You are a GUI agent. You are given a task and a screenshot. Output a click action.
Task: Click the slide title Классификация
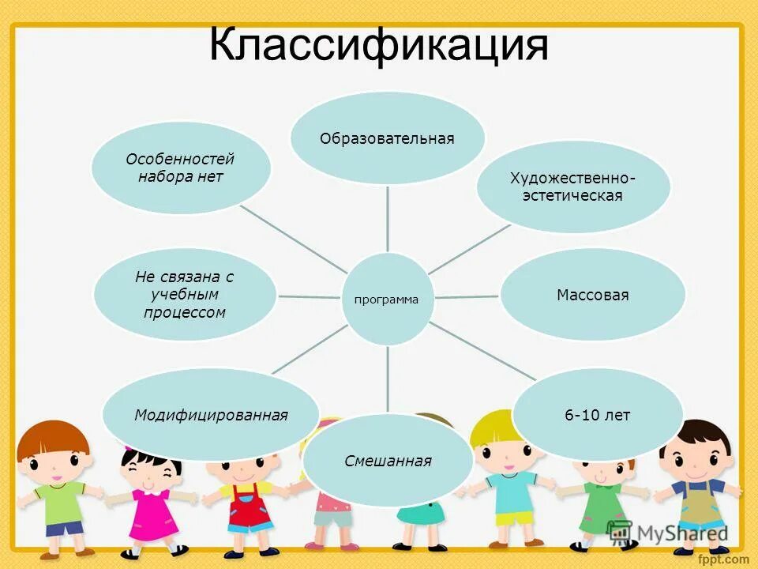tap(379, 46)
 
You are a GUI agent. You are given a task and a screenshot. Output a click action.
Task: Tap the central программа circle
tap(387, 299)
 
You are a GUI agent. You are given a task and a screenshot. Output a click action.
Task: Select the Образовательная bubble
tap(387, 138)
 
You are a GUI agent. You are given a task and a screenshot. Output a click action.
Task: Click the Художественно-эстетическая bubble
tap(572, 187)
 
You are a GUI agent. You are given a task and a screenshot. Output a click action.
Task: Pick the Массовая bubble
tap(592, 295)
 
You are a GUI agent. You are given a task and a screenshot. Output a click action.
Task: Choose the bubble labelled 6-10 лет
tap(597, 415)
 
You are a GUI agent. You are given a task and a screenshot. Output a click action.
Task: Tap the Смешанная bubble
tap(388, 461)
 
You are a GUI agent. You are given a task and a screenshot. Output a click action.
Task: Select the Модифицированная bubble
tap(211, 415)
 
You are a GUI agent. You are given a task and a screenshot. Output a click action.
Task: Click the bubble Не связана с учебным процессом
tap(185, 295)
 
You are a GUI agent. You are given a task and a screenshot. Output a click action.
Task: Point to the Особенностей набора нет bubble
tap(181, 168)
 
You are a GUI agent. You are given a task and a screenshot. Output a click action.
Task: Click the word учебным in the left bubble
tap(185, 295)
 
